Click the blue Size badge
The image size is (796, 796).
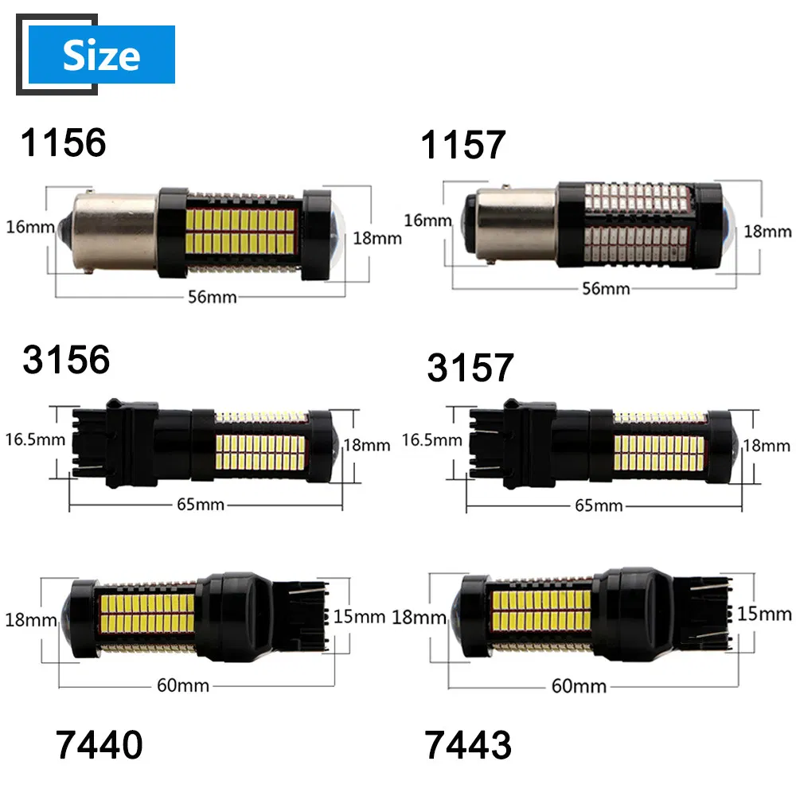pos(101,55)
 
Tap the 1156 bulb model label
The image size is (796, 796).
pos(64,142)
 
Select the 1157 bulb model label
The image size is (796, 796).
pos(464,145)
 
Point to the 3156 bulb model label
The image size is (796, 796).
pos(66,360)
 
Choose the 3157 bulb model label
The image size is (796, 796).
pos(470,368)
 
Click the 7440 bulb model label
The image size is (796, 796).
pos(100,745)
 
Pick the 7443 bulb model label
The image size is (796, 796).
pos(469,745)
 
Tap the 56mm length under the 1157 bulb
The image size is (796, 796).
pos(605,288)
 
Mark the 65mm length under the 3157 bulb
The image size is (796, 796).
pos(599,505)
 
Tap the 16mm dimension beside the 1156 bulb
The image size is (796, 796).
pos(25,227)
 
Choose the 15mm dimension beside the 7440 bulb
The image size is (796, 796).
pos(360,615)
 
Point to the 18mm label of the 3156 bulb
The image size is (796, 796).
pos(366,445)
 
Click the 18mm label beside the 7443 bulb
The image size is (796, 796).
pos(419,617)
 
